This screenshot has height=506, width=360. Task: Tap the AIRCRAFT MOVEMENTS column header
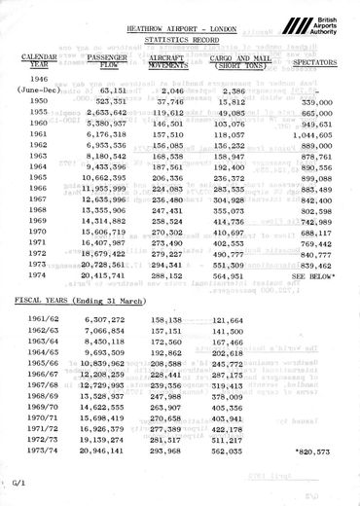coord(171,63)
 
